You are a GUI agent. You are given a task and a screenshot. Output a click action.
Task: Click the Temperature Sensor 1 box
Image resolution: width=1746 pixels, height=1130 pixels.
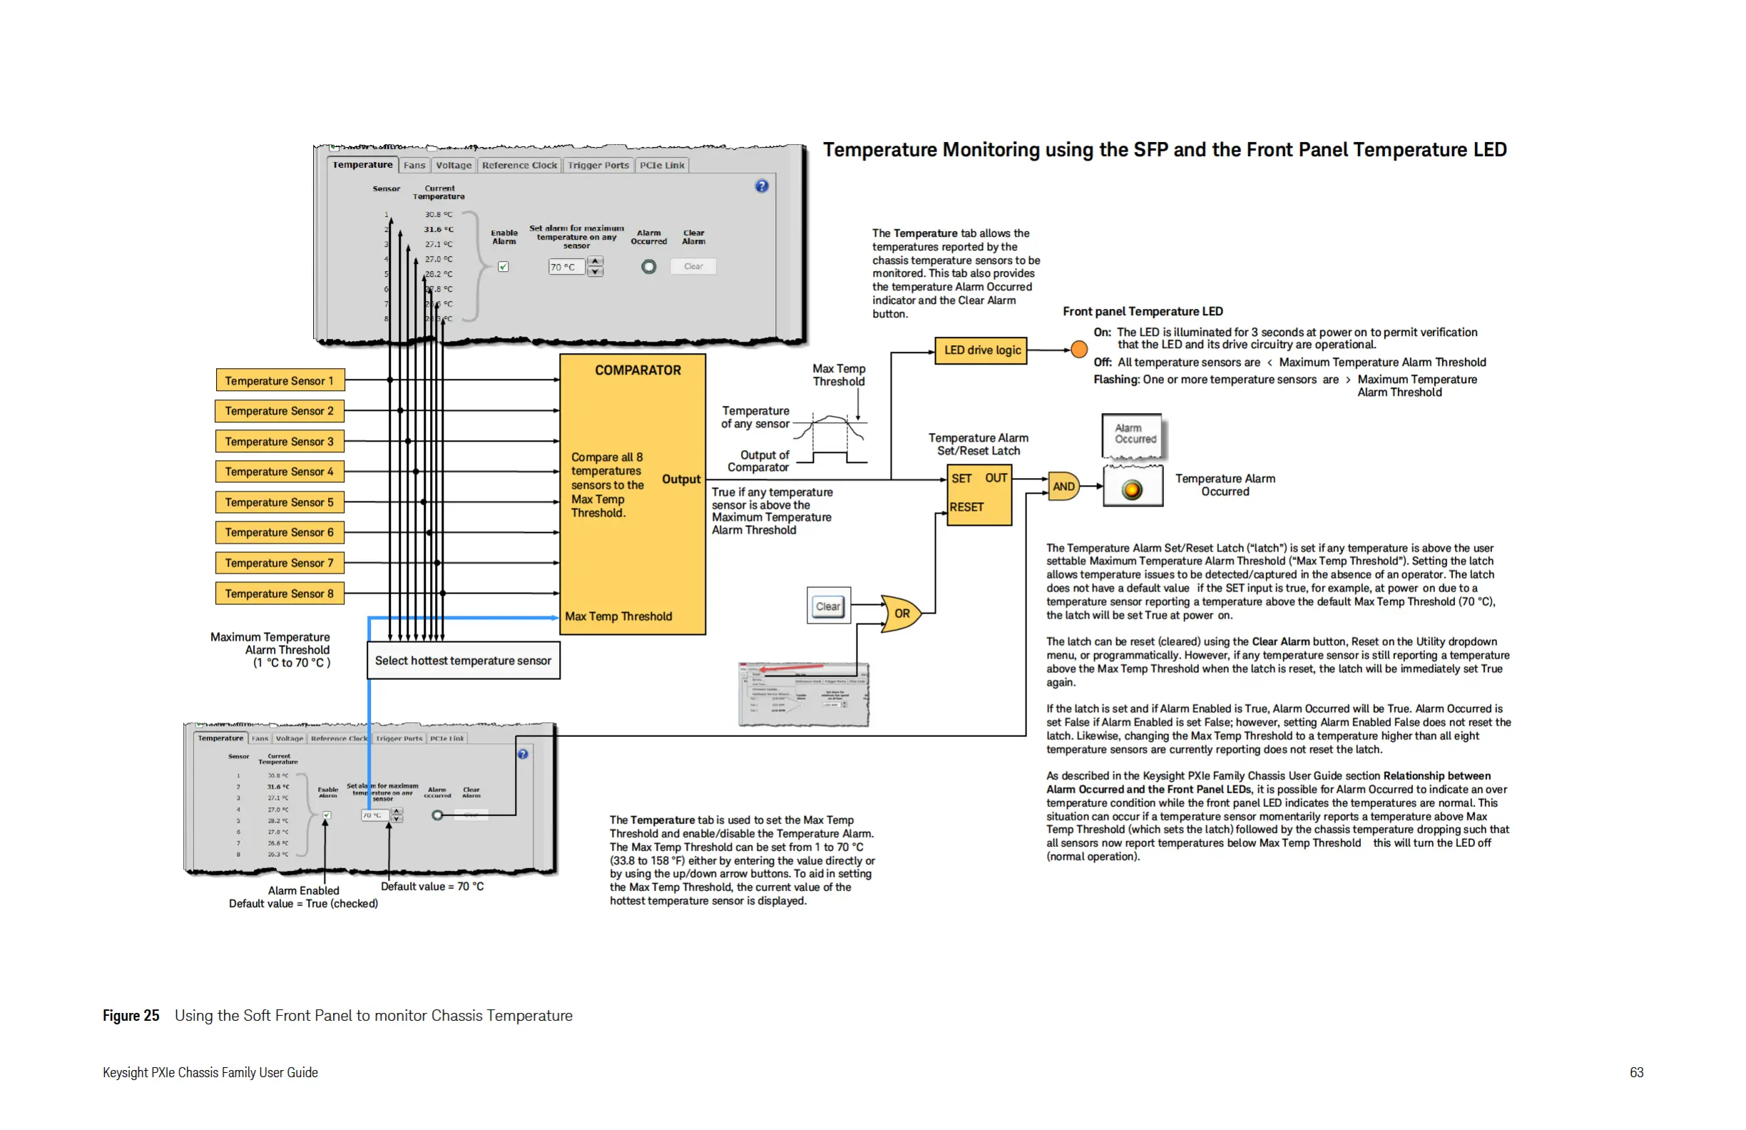point(280,381)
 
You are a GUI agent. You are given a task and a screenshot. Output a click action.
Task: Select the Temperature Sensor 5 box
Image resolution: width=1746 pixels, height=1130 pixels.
point(280,502)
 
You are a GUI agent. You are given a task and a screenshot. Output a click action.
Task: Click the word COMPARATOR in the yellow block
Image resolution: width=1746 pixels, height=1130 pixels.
point(638,370)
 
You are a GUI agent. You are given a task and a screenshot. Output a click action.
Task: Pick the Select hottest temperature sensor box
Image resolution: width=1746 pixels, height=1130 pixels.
point(463,661)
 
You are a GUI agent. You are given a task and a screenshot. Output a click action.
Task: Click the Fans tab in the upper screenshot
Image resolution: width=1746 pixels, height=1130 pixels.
point(414,165)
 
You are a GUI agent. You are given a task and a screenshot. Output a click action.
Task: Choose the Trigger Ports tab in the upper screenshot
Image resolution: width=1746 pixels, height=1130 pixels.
point(598,165)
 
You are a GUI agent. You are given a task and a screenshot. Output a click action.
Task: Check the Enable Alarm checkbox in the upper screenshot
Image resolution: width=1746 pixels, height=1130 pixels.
point(504,266)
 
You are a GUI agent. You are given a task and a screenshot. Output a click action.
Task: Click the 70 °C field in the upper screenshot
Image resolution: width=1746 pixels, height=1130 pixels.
point(566,267)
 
